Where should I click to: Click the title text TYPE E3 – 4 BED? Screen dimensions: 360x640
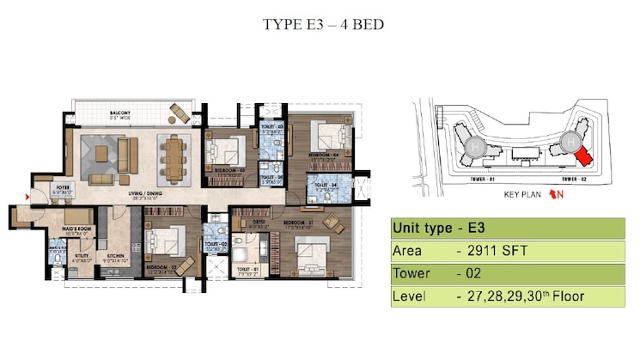[320, 23]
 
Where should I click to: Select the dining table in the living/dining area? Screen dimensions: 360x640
[176, 156]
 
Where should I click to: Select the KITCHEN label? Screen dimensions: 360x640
[116, 256]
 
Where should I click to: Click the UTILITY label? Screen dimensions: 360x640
[82, 256]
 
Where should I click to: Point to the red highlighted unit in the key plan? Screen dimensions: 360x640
[583, 156]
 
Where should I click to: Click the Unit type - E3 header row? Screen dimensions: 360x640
[508, 229]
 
